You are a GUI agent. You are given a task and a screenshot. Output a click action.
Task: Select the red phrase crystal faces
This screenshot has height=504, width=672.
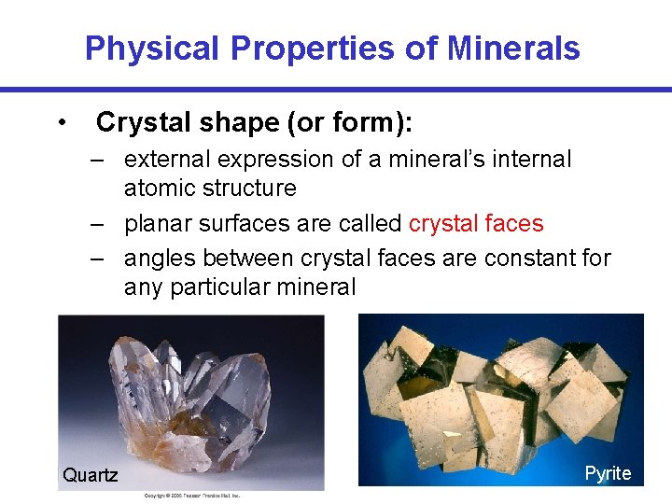pyautogui.click(x=476, y=224)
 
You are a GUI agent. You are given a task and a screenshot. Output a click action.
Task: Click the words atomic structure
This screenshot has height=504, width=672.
pyautogui.click(x=210, y=189)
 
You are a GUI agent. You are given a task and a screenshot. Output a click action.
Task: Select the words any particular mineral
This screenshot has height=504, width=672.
pyautogui.click(x=240, y=287)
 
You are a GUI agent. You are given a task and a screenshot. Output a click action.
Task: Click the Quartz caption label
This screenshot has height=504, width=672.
pyautogui.click(x=91, y=475)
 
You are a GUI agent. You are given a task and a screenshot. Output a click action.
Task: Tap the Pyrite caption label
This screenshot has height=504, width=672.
pyautogui.click(x=608, y=473)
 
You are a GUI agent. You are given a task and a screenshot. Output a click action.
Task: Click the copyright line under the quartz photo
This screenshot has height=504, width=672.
pyautogui.click(x=191, y=496)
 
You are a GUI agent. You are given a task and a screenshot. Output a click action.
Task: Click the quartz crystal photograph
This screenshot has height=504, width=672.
pyautogui.click(x=191, y=392)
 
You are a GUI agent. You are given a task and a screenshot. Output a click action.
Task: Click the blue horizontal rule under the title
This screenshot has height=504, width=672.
pyautogui.click(x=336, y=90)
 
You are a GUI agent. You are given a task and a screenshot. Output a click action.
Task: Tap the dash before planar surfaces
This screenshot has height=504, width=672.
pyautogui.click(x=97, y=224)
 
